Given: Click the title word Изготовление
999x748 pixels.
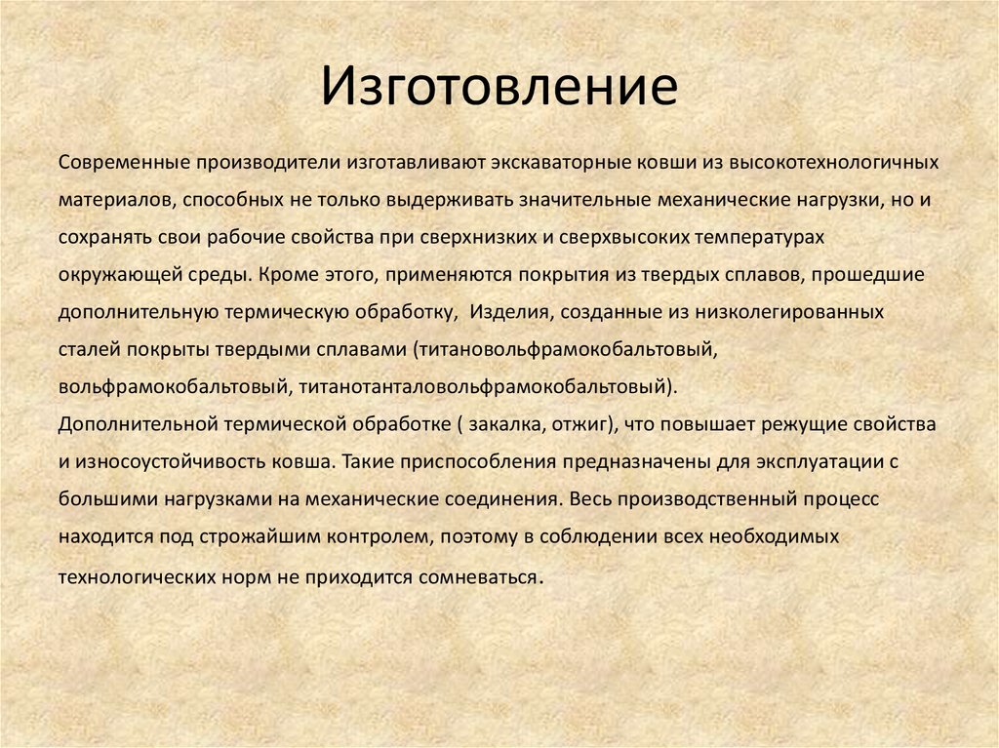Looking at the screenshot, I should (x=499, y=87).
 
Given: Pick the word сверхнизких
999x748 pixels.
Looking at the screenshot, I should (x=483, y=237).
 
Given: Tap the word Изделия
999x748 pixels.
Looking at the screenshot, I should (x=507, y=313).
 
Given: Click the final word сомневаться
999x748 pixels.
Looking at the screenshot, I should (x=478, y=575).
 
